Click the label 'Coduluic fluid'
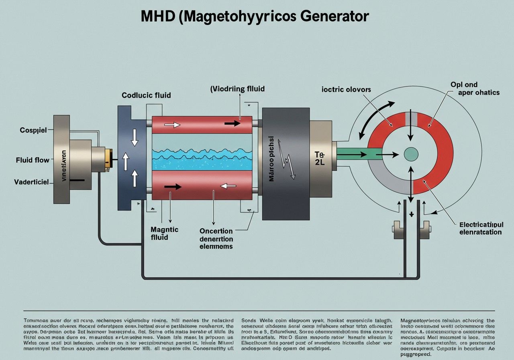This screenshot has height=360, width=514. [x=146, y=95]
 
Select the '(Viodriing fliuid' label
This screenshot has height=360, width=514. [x=237, y=88]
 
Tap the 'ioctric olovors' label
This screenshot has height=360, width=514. [x=346, y=89]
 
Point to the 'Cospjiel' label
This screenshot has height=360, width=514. [x=33, y=130]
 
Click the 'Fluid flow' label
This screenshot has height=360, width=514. [x=33, y=160]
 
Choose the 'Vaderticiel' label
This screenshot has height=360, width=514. [x=31, y=182]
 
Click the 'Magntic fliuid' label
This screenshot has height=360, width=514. [x=165, y=233]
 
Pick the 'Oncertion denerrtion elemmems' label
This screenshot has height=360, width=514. [x=216, y=239]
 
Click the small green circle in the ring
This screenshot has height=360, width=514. [x=410, y=153]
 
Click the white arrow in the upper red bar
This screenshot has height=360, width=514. [x=172, y=125]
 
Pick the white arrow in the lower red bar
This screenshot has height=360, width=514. [x=228, y=186]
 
